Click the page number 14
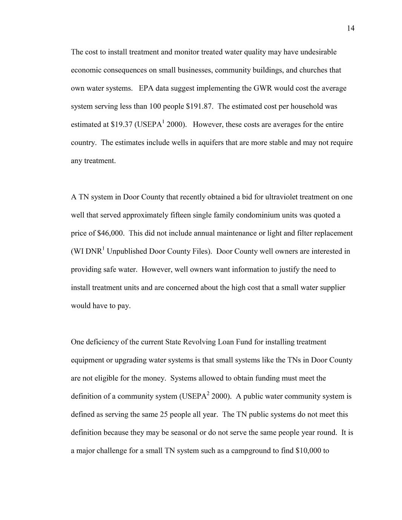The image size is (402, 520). pos(350,28)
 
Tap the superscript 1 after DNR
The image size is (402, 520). pos(103,248)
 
